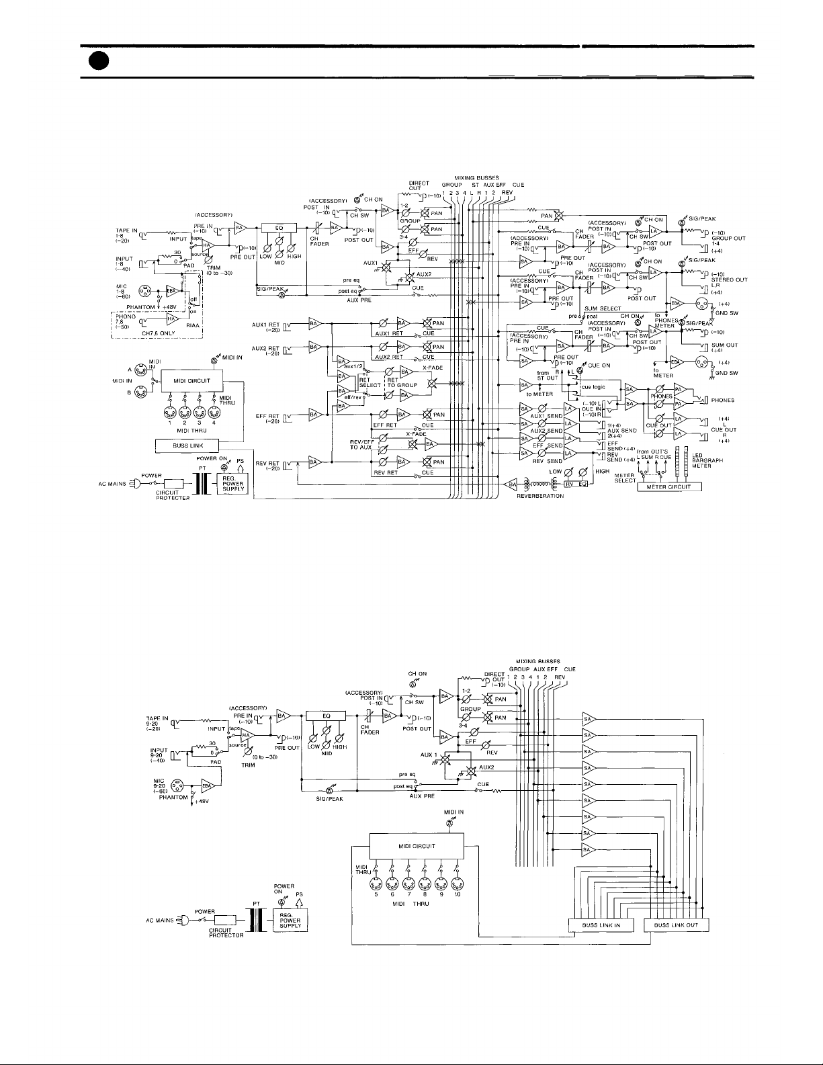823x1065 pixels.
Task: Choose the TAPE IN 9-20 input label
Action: [155, 722]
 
